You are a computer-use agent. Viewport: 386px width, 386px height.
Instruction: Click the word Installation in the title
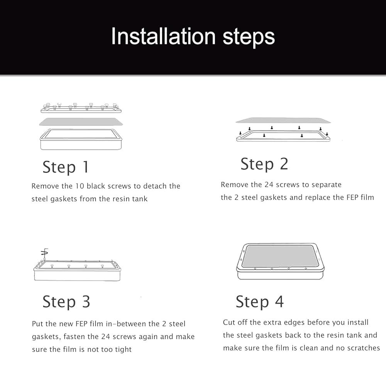click(163, 36)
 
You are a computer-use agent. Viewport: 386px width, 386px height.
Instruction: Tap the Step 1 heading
click(66, 167)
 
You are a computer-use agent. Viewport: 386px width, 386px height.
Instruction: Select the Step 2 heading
click(264, 164)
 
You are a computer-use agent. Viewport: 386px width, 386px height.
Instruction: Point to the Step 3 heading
click(66, 302)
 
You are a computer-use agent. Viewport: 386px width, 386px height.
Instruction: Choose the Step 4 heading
click(260, 302)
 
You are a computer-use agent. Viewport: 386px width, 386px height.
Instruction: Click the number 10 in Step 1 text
click(80, 186)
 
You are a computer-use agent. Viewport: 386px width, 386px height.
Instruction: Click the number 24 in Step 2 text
click(269, 185)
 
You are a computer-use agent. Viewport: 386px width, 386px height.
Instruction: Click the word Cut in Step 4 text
click(229, 322)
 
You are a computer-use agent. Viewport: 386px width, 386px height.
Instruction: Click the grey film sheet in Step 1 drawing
click(81, 122)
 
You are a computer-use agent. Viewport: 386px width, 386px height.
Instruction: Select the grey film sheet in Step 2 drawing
click(283, 120)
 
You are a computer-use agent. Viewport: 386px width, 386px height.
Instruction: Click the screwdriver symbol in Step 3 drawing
click(44, 253)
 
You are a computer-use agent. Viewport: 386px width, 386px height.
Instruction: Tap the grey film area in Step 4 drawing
click(280, 256)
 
